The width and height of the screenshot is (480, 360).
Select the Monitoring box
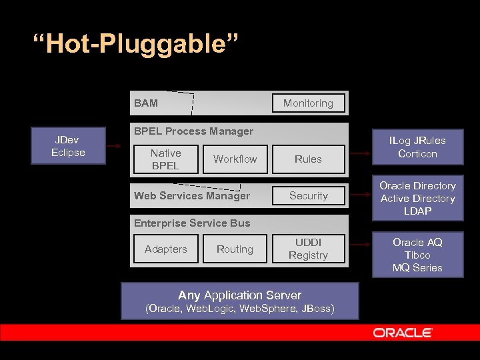(308, 103)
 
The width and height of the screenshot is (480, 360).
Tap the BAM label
(146, 103)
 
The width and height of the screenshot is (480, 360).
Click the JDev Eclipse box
(68, 146)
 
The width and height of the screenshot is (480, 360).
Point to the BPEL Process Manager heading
(193, 131)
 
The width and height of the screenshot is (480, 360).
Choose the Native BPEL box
(165, 159)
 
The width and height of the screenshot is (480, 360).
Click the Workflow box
(235, 159)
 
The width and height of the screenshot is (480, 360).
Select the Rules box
(308, 159)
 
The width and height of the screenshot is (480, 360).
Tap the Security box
(308, 196)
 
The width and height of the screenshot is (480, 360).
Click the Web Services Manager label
(192, 196)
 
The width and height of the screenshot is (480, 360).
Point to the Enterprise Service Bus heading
(192, 223)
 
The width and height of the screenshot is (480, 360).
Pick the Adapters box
(165, 249)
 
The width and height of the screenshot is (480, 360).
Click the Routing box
(235, 249)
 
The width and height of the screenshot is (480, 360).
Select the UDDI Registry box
(308, 249)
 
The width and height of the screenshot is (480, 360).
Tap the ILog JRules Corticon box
(417, 147)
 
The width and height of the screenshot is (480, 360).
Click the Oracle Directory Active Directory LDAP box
(417, 199)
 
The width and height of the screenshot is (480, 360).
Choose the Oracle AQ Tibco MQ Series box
(417, 255)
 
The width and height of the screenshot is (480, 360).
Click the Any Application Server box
(239, 301)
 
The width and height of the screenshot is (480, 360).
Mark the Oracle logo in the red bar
(403, 333)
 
